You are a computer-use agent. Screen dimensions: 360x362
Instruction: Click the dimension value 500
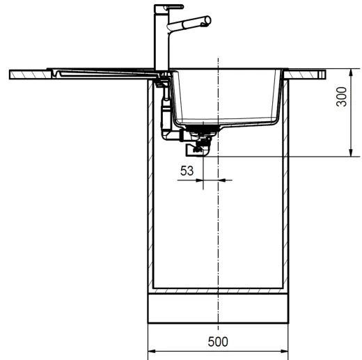tap(219, 342)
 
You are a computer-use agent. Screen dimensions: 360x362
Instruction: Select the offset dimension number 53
tap(187, 169)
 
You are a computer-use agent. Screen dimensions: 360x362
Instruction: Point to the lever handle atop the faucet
tap(159, 8)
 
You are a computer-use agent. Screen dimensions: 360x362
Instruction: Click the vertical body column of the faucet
tap(159, 42)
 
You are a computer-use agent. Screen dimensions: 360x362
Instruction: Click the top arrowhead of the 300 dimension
tap(349, 72)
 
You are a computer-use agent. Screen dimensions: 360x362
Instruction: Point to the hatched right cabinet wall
tap(287, 188)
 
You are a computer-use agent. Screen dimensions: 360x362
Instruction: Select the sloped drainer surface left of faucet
tap(104, 71)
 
